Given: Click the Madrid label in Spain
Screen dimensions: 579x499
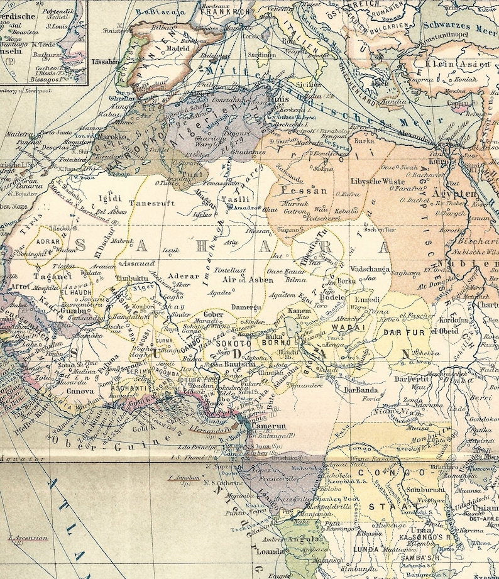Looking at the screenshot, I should (x=178, y=48).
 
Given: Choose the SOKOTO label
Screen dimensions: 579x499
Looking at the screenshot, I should (x=233, y=345).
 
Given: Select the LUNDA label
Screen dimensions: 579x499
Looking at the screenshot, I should (x=366, y=549).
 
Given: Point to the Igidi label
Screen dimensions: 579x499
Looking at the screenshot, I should (x=109, y=199).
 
